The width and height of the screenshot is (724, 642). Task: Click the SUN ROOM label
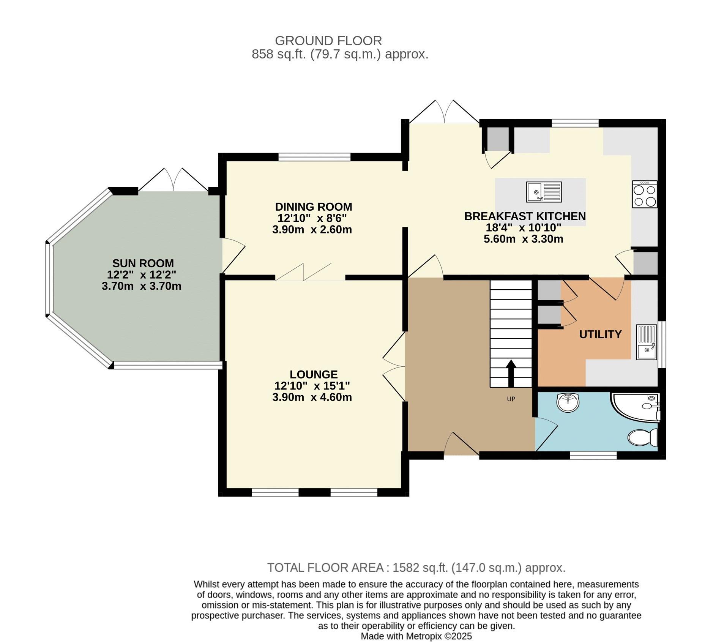coord(143,263)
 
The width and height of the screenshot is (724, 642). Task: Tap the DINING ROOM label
coord(314,207)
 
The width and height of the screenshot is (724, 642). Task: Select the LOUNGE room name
coord(314,374)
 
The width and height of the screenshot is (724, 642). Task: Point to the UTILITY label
coord(600,334)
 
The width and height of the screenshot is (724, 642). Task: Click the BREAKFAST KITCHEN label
coord(525,216)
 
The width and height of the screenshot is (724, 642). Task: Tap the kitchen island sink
coord(544,192)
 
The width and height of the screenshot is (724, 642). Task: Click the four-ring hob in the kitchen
coord(645,194)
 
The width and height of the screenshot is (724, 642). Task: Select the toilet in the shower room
coord(643,437)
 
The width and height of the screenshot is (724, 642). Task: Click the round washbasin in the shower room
coord(568,402)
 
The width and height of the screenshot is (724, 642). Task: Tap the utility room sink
coord(647,342)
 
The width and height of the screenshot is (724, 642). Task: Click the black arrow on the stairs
coord(511,373)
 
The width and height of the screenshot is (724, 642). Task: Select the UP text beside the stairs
coord(511,399)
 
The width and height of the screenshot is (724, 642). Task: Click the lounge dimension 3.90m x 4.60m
coord(312,398)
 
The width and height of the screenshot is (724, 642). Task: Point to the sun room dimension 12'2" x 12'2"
coord(142,274)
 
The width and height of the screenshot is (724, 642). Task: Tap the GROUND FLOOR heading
coord(328,41)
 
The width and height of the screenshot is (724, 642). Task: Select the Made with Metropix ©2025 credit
coord(416,636)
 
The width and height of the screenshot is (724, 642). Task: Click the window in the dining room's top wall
coord(314,157)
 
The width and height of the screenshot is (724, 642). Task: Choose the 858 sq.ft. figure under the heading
coord(279,54)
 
